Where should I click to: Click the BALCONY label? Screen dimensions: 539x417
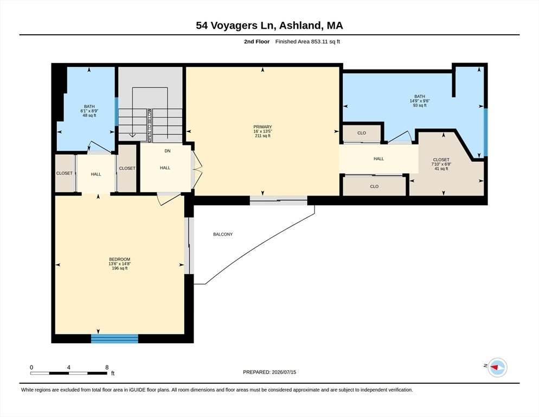[223, 234]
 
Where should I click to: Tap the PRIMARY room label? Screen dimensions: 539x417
[262, 127]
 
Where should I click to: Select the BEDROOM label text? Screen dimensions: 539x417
[120, 260]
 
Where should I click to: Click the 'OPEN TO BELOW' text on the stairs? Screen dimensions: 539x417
[150, 125]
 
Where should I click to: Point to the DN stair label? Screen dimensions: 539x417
[168, 151]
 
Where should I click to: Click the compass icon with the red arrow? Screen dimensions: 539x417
[498, 368]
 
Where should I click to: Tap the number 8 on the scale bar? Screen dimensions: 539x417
[107, 367]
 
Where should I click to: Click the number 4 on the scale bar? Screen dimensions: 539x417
[69, 367]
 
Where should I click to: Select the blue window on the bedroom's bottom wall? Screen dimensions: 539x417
[114, 338]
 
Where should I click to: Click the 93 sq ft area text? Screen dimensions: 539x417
[420, 105]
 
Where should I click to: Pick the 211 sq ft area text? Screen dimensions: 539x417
[262, 136]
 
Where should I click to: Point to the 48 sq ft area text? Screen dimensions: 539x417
[89, 115]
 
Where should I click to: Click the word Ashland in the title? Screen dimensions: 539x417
[300, 26]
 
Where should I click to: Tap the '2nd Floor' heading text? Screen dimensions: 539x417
[257, 42]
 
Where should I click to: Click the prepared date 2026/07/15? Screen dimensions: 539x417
[284, 372]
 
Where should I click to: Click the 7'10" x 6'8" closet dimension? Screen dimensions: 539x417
[441, 165]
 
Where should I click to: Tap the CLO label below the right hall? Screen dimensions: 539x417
[374, 186]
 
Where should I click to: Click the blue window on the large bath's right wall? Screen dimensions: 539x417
[485, 132]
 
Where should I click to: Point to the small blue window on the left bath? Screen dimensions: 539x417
[117, 111]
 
